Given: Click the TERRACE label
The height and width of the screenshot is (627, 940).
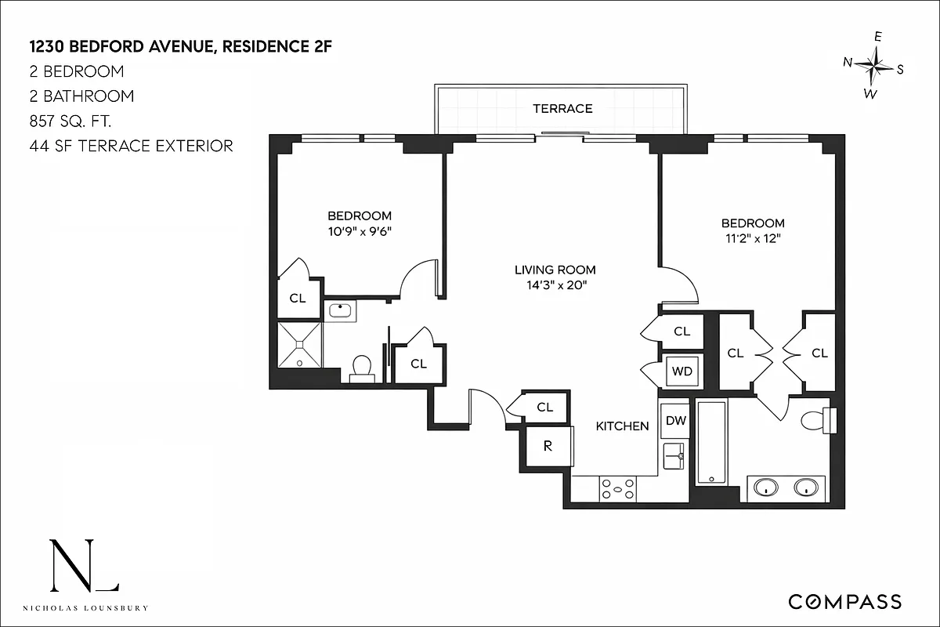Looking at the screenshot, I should [x=562, y=109].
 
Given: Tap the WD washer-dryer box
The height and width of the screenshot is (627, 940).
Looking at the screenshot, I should [x=682, y=371].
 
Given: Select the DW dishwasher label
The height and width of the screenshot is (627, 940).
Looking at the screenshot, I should [x=675, y=421].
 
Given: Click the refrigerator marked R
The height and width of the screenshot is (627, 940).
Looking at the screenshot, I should [x=548, y=447].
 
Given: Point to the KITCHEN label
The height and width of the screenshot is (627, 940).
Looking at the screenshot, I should [x=623, y=426].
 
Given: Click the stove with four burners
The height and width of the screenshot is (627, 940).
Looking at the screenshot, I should [x=618, y=490].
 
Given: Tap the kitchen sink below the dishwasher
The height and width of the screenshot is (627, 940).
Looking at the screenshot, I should [x=674, y=455].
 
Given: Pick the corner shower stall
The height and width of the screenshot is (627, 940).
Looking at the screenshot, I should [x=300, y=344].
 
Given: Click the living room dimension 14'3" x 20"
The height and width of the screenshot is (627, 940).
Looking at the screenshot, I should [x=555, y=285].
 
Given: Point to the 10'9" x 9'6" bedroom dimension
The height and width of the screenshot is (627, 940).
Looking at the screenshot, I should [x=359, y=231].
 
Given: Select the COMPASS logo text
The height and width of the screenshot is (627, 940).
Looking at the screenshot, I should [x=844, y=602].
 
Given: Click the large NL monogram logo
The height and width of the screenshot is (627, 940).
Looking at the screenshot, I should [x=84, y=566].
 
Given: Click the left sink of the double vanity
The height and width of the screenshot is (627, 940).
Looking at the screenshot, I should [x=765, y=487].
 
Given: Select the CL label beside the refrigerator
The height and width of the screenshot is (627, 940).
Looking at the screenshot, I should [x=544, y=408].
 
